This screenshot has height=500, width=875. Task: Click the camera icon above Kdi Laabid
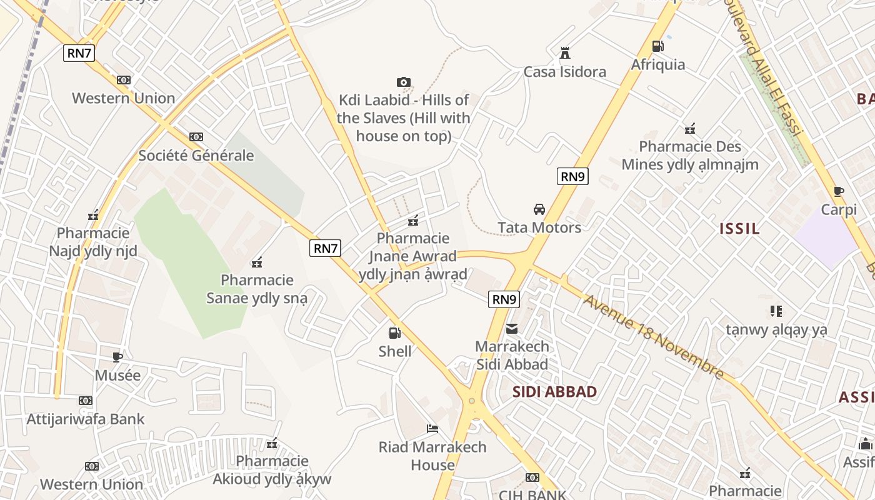(x=404, y=82)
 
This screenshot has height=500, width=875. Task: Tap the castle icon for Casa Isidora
(x=565, y=52)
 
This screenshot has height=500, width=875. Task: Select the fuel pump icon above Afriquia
(x=657, y=46)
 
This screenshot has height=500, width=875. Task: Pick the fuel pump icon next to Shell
(x=394, y=333)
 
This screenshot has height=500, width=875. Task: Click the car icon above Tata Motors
(x=539, y=209)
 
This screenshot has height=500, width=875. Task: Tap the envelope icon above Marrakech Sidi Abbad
(x=512, y=328)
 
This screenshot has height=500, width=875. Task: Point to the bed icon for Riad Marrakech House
(x=432, y=429)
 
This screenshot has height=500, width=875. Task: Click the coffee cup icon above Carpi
(x=839, y=191)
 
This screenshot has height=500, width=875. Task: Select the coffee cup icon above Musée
(x=117, y=357)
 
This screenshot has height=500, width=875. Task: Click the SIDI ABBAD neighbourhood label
(x=554, y=392)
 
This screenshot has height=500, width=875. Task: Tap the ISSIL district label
(x=739, y=229)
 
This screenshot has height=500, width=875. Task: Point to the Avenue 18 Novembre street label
(x=654, y=337)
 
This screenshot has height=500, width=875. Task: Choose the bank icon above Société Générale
(x=196, y=137)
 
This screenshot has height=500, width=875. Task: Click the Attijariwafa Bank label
(x=86, y=419)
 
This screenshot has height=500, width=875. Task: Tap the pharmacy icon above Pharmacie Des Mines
(x=690, y=129)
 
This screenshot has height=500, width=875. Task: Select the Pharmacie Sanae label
(x=257, y=289)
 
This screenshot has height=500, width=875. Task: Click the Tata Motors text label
(x=539, y=227)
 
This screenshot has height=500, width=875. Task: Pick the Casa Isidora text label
(x=565, y=72)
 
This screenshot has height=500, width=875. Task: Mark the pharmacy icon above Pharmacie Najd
(x=93, y=216)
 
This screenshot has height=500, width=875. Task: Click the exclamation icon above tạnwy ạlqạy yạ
(x=776, y=311)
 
